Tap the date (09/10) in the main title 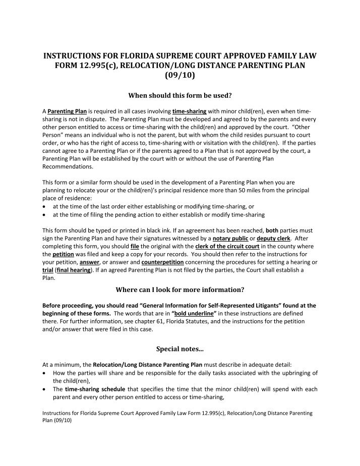click(180, 78)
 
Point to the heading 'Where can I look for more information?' click(180, 290)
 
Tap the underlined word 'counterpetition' click(163, 262)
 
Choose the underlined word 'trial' click(48, 270)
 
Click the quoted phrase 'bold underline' click(197, 314)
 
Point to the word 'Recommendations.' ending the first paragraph click(68, 165)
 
